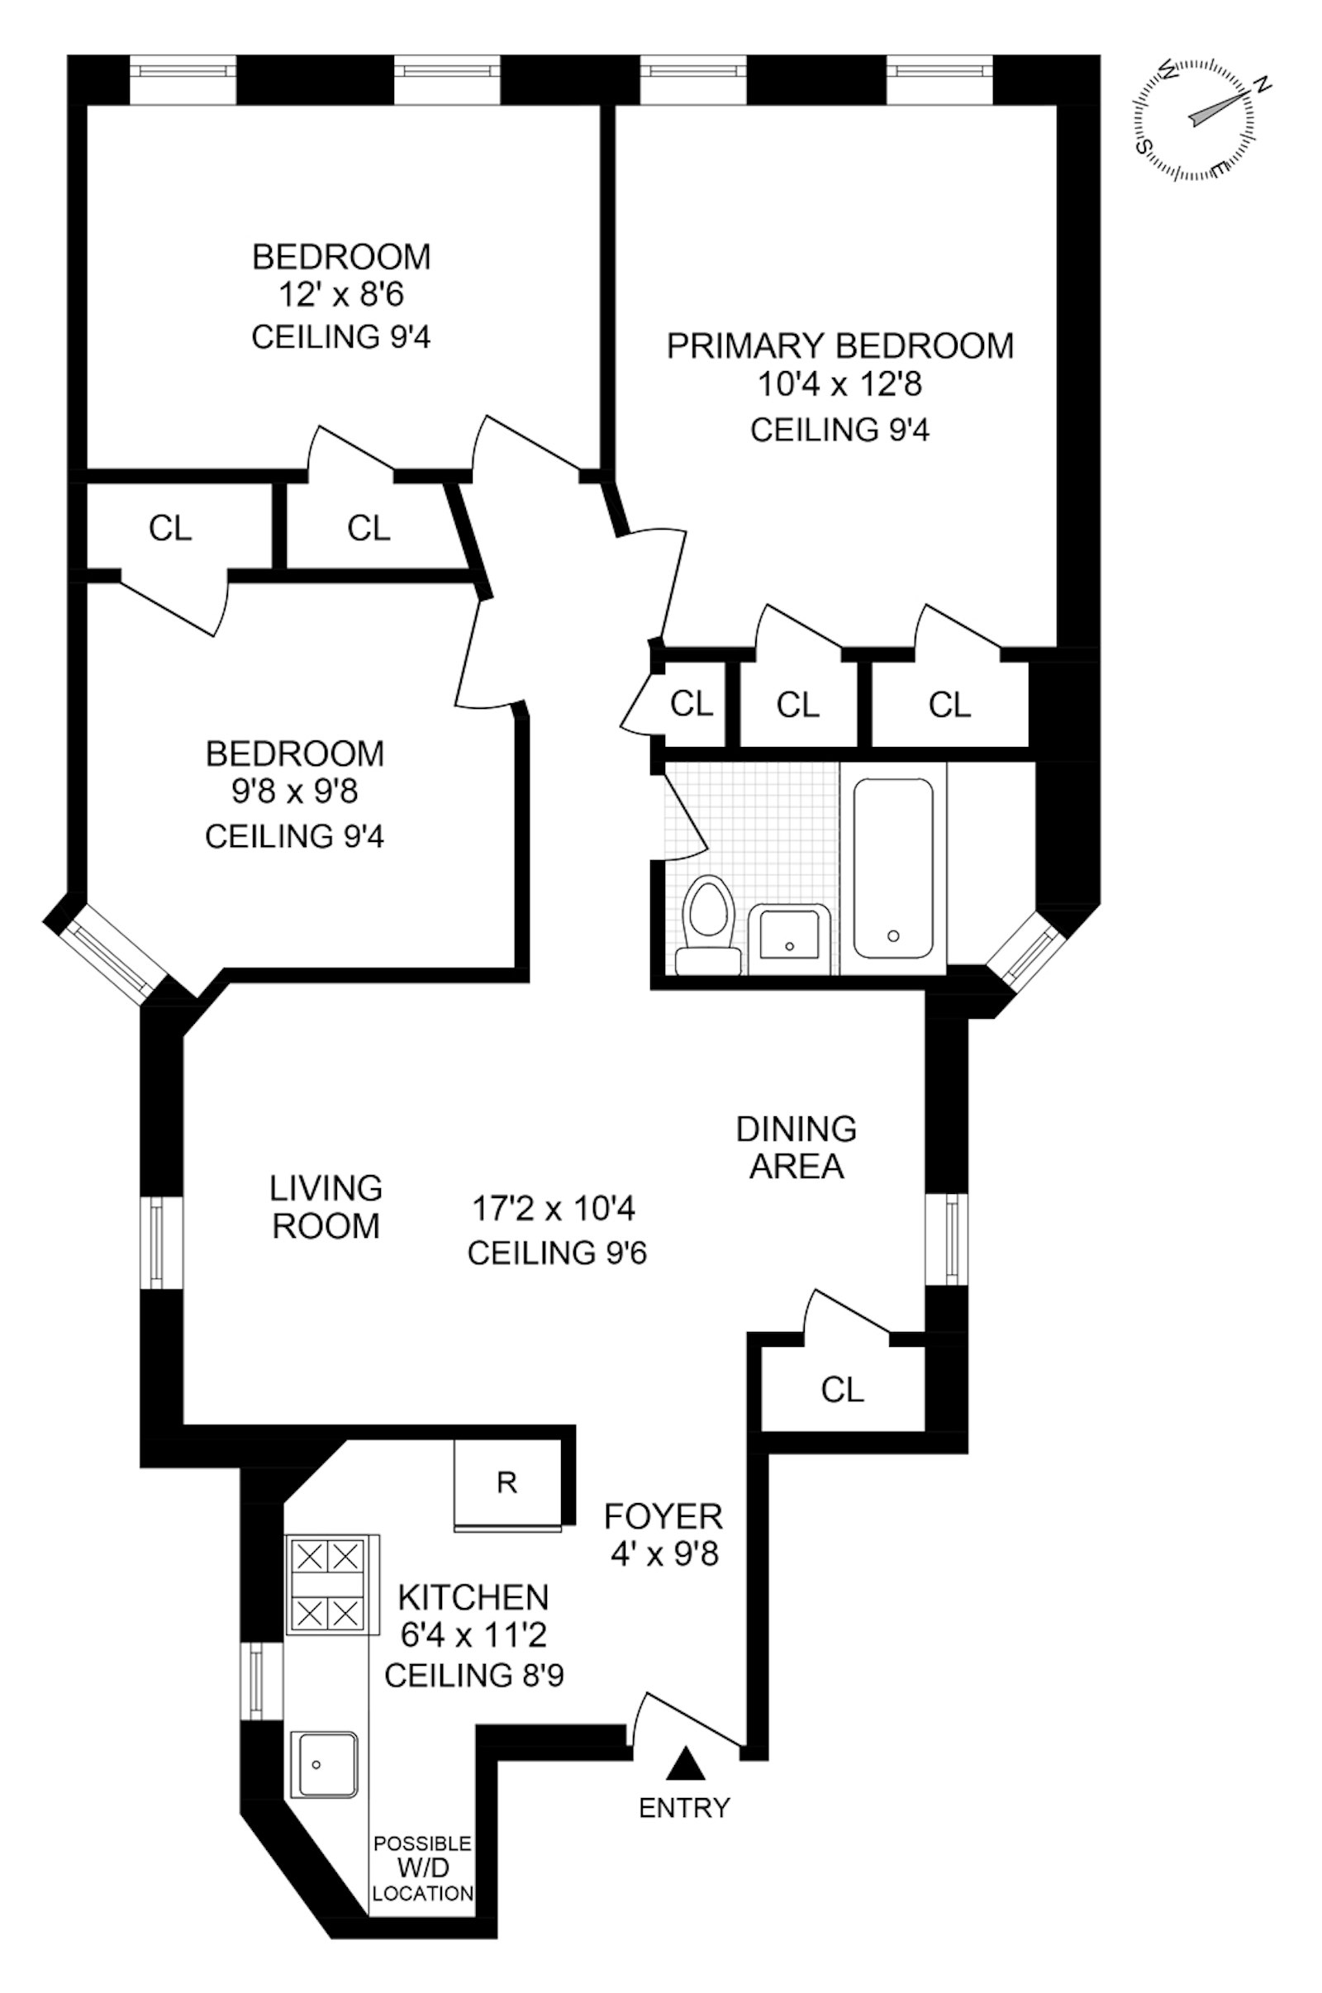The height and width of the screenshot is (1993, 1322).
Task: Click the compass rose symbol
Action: click(x=1197, y=120)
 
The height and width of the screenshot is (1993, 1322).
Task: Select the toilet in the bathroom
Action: click(x=708, y=923)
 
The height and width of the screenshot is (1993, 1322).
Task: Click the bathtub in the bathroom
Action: click(x=893, y=868)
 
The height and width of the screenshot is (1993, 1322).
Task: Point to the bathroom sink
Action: click(x=790, y=936)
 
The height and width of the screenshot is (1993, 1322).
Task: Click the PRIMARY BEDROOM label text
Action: click(x=839, y=345)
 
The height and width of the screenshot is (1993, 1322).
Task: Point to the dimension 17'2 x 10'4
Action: click(x=553, y=1208)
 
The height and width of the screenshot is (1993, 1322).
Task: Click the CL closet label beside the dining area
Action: click(x=842, y=1389)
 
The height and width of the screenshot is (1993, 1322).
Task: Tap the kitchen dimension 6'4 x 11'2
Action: click(x=473, y=1634)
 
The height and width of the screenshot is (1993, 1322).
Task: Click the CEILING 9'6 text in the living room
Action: click(x=557, y=1253)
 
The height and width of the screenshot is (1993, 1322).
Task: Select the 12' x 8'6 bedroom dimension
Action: click(x=341, y=295)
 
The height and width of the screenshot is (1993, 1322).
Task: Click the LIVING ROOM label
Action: click(x=326, y=1206)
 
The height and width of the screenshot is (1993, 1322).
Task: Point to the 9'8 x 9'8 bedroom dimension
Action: click(x=295, y=792)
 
